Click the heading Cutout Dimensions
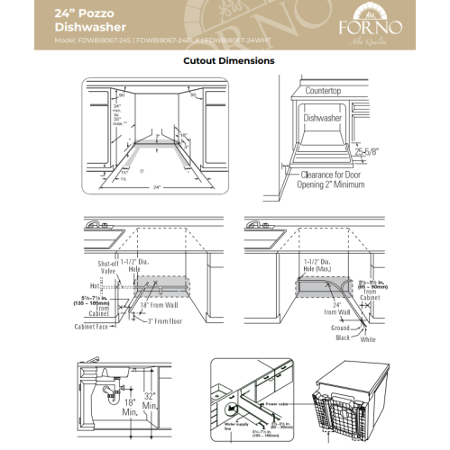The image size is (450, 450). click(x=229, y=61)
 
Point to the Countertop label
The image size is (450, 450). click(x=329, y=91)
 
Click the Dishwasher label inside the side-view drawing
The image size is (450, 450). click(x=327, y=117)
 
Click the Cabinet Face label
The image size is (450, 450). click(x=93, y=328)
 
